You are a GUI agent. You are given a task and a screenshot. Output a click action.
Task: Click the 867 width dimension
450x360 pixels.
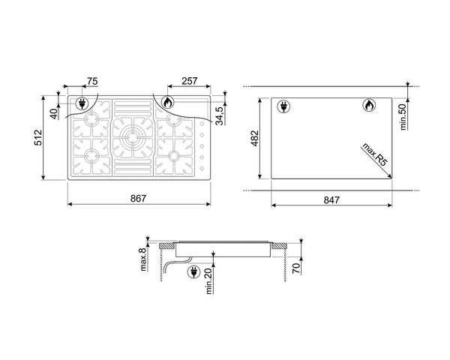pos(138,198)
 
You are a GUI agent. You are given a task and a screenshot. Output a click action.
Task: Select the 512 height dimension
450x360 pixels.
pos(38,138)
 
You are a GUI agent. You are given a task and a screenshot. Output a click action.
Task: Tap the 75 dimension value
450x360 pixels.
pos(92,81)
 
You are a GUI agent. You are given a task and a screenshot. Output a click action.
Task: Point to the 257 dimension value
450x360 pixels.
pos(190,81)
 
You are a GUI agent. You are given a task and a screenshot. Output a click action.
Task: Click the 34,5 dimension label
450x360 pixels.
pos(219,115)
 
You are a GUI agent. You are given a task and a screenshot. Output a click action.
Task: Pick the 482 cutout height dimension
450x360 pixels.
pos(255,138)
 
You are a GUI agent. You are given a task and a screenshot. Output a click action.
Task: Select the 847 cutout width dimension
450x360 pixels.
pos(331,199)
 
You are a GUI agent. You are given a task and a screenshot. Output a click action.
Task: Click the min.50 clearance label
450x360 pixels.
pos(403,117)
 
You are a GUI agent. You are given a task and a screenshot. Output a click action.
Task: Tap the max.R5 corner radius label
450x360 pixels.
pos(375,154)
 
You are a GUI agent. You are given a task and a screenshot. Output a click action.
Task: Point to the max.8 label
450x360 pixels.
pos(143,259)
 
